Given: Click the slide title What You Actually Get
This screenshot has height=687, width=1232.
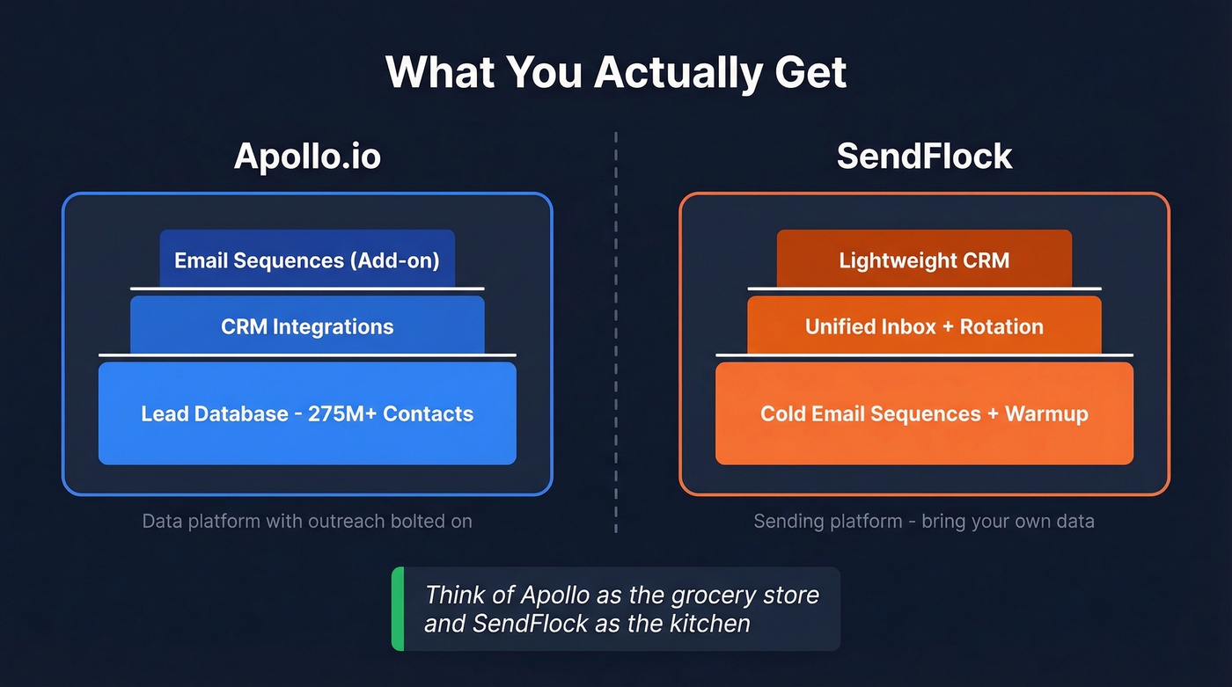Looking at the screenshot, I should coord(616,72).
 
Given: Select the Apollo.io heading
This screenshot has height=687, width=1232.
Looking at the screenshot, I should coord(307,157).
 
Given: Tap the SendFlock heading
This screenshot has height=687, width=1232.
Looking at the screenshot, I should coord(924,157).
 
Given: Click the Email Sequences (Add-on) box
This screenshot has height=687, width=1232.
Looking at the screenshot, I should coord(307,260).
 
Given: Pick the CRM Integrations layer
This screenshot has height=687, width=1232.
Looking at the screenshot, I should coord(307,326).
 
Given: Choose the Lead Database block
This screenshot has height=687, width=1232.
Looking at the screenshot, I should coord(307,413).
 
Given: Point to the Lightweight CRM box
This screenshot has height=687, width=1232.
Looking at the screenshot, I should coord(924,260).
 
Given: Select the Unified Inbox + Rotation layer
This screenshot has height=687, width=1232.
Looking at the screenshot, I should coord(924,326).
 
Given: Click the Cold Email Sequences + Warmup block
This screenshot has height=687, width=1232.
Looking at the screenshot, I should coord(924,413).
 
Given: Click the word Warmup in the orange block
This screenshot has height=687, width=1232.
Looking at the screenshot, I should coord(1047,413).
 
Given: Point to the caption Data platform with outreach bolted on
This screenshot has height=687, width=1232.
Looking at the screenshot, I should coord(307,521).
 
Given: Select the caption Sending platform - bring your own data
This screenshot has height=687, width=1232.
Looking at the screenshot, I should coord(924,521).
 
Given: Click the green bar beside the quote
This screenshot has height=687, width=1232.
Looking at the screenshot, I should coord(398,609).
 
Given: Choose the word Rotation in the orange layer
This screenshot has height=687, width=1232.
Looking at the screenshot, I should coord(1001,326).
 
